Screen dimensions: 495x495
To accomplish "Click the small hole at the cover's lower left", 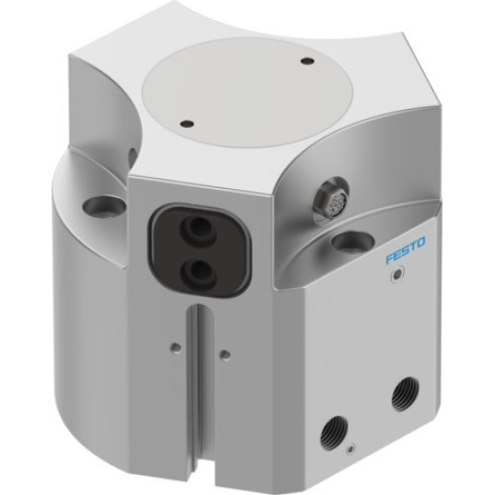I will click(x=185, y=125).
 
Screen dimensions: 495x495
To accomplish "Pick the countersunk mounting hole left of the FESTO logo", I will click(x=346, y=241).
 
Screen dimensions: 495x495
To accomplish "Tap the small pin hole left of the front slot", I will click(x=175, y=346).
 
